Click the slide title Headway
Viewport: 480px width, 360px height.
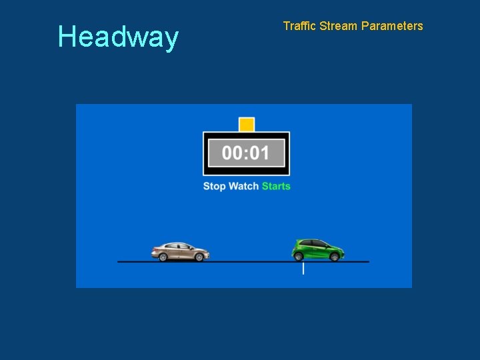click(x=118, y=37)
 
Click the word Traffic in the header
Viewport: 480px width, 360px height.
click(x=299, y=26)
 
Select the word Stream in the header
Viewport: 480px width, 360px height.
click(x=338, y=26)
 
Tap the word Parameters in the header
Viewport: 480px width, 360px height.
click(x=392, y=26)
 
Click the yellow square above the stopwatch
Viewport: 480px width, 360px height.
click(x=247, y=125)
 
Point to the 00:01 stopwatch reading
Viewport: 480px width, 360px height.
click(x=246, y=153)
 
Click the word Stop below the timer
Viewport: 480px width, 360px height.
click(x=214, y=186)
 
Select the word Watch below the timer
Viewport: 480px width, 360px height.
click(x=243, y=186)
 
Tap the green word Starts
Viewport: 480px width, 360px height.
click(x=276, y=186)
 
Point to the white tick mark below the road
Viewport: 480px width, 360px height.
click(x=303, y=268)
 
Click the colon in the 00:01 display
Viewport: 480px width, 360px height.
click(x=246, y=154)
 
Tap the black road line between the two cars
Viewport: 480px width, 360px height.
click(x=250, y=261)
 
